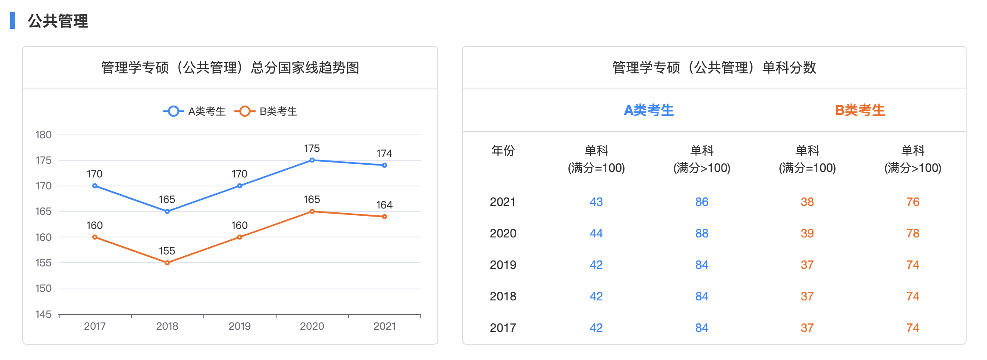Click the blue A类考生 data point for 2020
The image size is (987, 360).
coord(312,160)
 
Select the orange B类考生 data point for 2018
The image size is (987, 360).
coord(167,263)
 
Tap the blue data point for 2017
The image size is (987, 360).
coord(95,186)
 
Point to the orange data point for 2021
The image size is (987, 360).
coord(384,217)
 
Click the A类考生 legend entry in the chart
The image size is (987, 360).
coord(194,111)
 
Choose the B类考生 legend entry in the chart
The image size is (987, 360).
coord(266,111)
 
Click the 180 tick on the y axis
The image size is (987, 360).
coord(43,135)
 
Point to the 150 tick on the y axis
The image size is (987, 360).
coord(43,289)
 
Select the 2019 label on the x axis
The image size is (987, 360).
coord(240,326)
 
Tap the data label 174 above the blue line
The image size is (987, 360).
coord(384,154)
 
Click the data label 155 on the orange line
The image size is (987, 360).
coord(167,251)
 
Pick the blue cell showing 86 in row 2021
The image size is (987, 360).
coord(702,202)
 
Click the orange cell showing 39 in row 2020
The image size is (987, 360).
coord(807,234)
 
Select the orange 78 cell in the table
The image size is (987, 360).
coord(913,234)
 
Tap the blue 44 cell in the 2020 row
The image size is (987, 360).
coord(596,234)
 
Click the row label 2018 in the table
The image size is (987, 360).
coord(503,297)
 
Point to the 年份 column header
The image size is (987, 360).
coord(503,151)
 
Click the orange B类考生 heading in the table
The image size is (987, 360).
coord(860,111)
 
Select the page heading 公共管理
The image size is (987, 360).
coord(58,21)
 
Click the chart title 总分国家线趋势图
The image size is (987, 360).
coord(230,68)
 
